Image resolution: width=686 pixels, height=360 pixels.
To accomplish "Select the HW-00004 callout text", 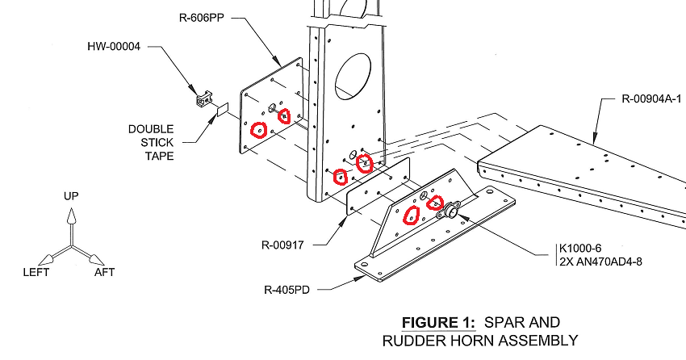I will pos(114,47).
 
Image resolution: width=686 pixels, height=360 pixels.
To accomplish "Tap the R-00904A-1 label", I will pos(650,99).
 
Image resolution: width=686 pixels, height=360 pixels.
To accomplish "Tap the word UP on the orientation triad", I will pos(71,196).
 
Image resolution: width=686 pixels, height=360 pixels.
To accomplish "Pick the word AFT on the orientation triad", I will pos(104,272).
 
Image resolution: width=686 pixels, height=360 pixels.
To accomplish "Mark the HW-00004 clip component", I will pos(203,98).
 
